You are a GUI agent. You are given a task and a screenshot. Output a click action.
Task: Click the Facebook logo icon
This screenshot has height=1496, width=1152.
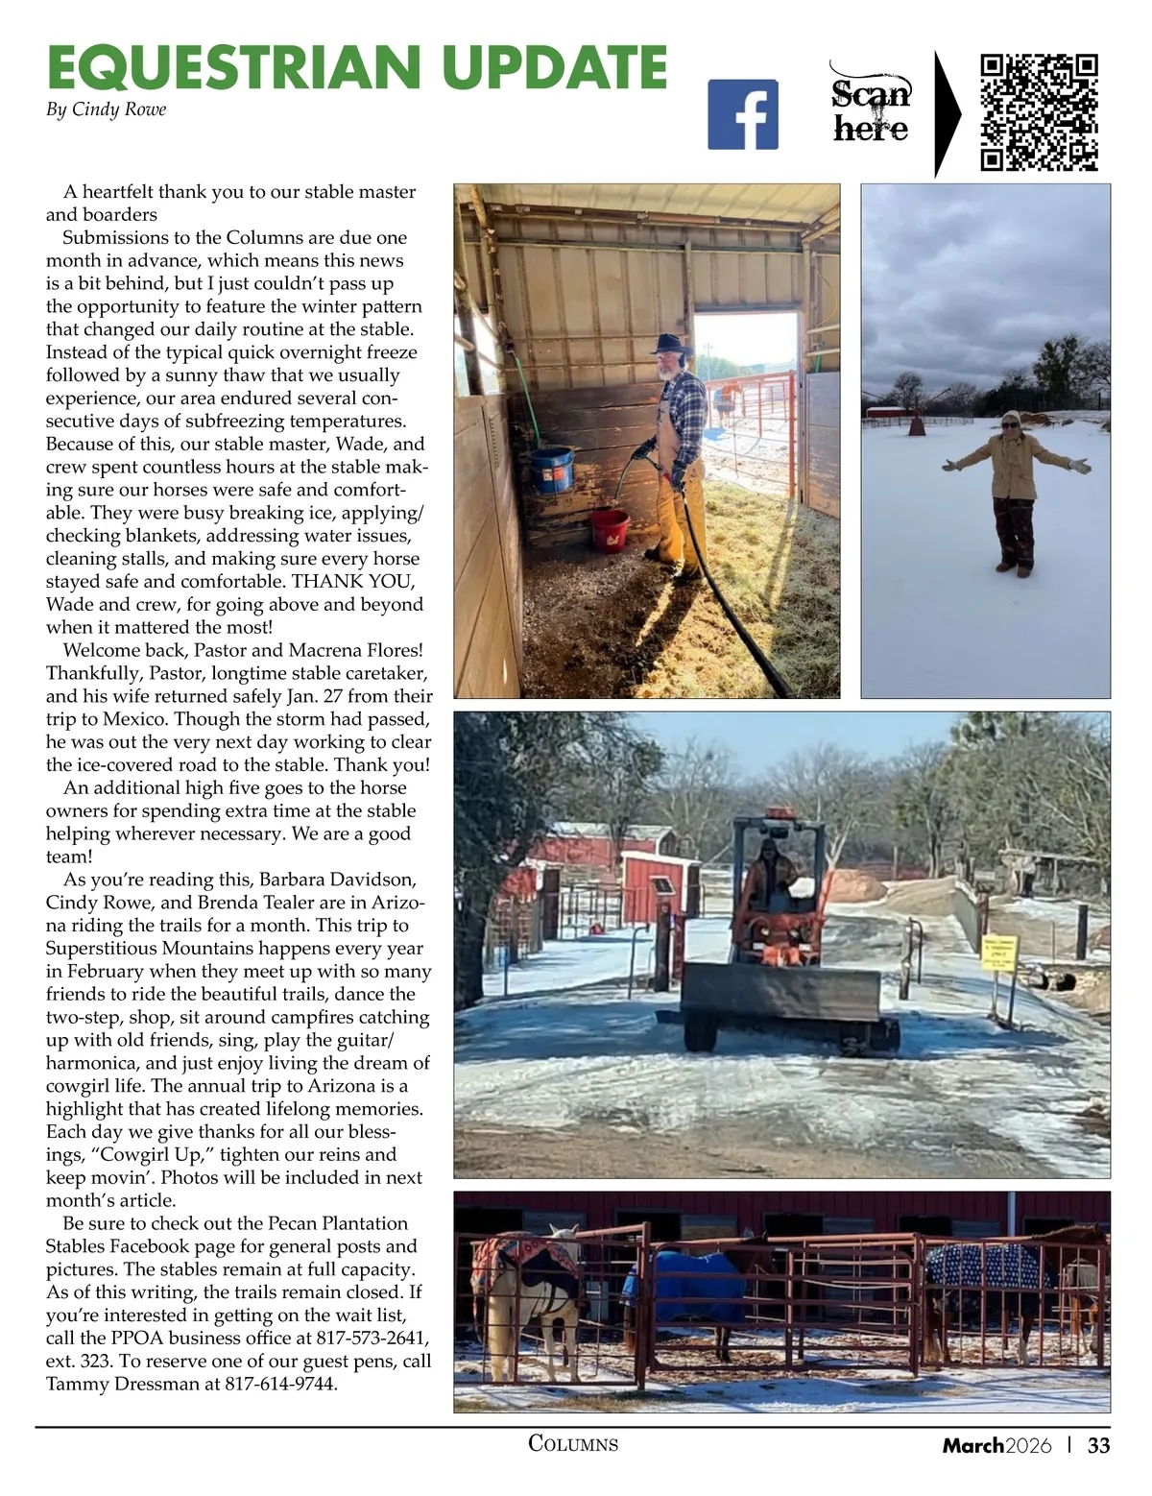pos(742,114)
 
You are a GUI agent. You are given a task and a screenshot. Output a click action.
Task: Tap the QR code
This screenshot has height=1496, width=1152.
pos(1039,112)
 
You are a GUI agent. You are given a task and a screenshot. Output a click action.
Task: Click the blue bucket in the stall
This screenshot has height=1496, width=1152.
pos(552,469)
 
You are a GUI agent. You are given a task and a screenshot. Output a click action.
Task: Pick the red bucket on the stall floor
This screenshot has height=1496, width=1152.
pos(609,529)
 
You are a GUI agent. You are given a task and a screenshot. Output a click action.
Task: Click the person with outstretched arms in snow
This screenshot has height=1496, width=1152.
pos(1014,490)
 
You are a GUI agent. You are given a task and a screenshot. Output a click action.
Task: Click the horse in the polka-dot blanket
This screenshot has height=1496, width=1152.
pos(989,1277)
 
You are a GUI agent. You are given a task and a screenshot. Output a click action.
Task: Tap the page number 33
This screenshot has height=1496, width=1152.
pos(1098,1445)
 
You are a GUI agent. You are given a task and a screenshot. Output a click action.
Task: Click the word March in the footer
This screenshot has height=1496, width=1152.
pos(972,1445)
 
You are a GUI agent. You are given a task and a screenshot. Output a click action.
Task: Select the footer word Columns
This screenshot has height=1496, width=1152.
pos(573,1443)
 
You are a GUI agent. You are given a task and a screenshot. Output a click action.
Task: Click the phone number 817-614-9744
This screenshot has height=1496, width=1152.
pos(281,1385)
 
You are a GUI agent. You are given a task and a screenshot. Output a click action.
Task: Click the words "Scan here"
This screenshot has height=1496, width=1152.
pos(871,110)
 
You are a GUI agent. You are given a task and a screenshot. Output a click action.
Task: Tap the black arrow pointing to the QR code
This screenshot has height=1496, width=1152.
pos(948,113)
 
